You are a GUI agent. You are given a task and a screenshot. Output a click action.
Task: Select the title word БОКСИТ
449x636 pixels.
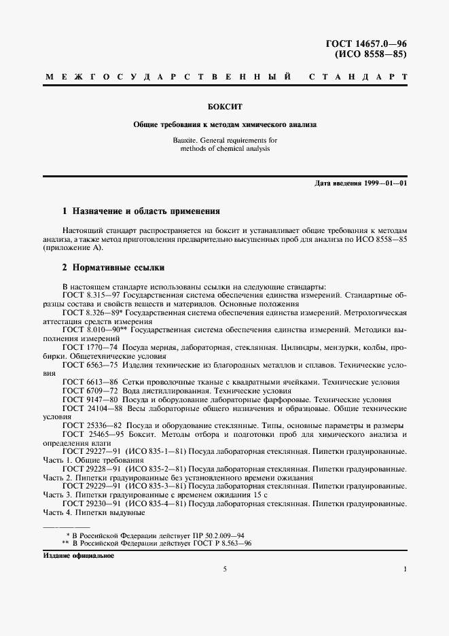[x=224, y=107]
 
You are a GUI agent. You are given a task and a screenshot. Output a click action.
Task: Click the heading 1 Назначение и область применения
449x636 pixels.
[x=141, y=211]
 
